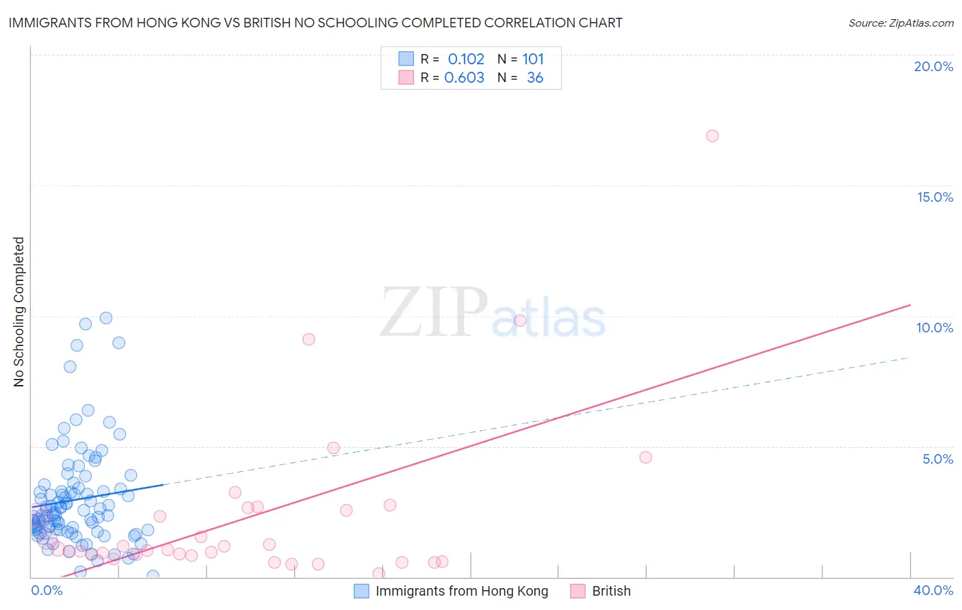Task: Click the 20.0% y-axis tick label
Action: (x=933, y=66)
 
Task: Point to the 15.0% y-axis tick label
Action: (x=935, y=197)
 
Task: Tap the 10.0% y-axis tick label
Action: (x=935, y=328)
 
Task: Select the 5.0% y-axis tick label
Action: (x=937, y=459)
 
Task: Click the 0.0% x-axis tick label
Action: (x=47, y=590)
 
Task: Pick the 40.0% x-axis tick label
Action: (x=933, y=590)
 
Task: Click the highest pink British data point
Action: (x=712, y=136)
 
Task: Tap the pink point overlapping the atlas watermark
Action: (x=520, y=321)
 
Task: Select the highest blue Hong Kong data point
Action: (x=106, y=318)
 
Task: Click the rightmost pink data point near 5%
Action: (x=645, y=457)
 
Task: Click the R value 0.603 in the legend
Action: (x=464, y=78)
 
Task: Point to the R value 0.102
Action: (x=466, y=59)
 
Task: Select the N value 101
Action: (x=533, y=59)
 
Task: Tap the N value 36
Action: (x=535, y=78)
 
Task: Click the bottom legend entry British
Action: (x=611, y=592)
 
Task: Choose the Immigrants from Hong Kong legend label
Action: (x=462, y=592)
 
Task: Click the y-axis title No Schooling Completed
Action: (x=19, y=312)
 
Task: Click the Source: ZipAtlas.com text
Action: (x=900, y=23)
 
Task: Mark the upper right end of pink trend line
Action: (x=910, y=304)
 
